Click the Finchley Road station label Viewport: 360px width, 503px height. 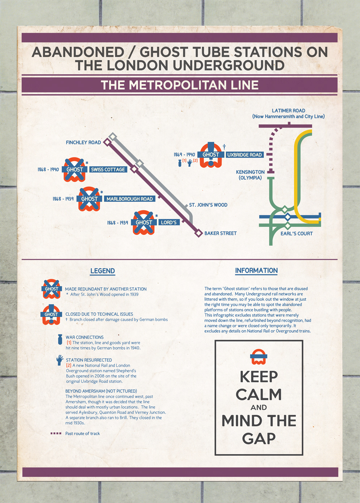click(83, 143)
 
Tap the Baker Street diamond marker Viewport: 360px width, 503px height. click(198, 233)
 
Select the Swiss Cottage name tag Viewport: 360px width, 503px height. click(108, 170)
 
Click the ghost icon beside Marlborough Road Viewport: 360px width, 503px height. click(89, 199)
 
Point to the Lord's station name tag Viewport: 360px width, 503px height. click(169, 222)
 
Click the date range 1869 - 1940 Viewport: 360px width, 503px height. click(184, 155)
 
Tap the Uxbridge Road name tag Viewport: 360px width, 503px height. click(244, 155)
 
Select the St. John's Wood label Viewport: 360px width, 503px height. click(208, 205)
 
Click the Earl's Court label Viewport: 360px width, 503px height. click(296, 234)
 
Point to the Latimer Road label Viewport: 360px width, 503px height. click(288, 113)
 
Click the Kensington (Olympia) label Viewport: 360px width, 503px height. click(250, 175)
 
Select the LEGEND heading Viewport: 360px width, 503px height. click(103, 271)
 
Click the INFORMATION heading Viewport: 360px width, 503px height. click(256, 270)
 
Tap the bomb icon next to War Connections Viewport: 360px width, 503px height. click(60, 339)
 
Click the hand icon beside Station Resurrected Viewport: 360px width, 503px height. click(60, 360)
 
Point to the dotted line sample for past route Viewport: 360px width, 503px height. click(56, 433)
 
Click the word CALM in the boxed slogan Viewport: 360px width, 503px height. click(259, 395)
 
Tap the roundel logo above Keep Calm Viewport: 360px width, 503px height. click(259, 357)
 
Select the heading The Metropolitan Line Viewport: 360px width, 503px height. click(180, 85)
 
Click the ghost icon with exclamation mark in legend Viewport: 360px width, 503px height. click(51, 315)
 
